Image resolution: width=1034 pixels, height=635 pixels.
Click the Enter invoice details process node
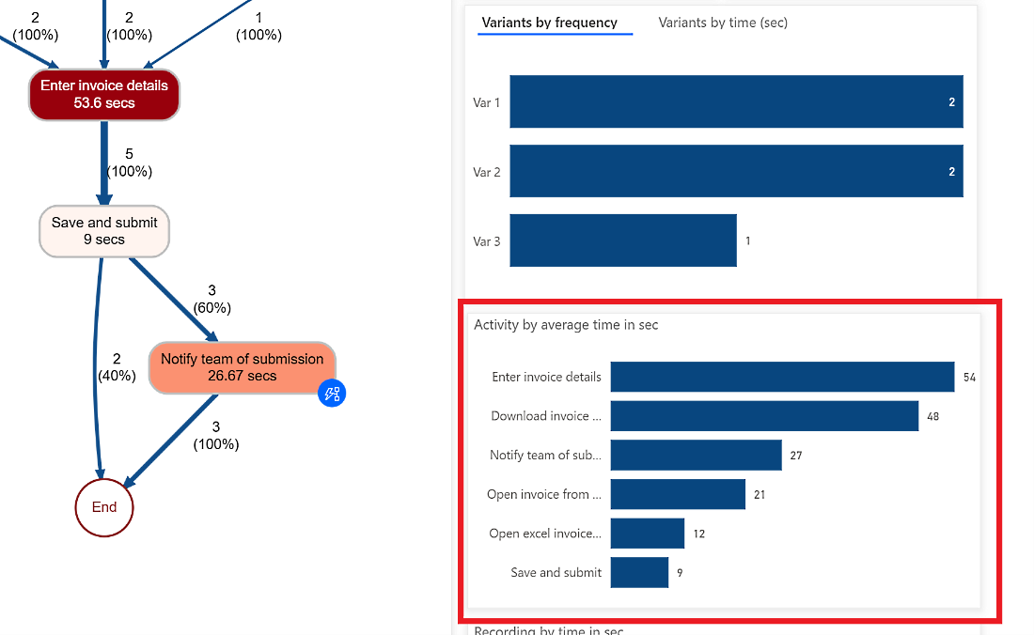tap(103, 94)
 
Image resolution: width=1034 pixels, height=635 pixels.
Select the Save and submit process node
tap(104, 231)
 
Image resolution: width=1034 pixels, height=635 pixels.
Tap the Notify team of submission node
tap(242, 367)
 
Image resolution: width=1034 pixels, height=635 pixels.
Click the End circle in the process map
tap(104, 507)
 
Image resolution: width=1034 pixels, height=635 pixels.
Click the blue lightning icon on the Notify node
tap(332, 394)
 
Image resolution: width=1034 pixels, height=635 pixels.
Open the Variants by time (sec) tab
tap(723, 23)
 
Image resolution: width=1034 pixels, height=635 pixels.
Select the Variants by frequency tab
tap(550, 23)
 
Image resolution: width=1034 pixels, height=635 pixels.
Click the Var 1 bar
tap(736, 101)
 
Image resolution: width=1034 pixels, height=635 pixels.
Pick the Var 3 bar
tap(623, 240)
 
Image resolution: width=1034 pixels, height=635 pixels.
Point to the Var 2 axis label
tap(486, 172)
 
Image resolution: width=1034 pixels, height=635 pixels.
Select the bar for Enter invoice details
tap(782, 377)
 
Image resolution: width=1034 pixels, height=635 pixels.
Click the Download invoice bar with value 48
tap(764, 416)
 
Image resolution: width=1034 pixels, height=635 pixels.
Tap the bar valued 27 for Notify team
tap(696, 455)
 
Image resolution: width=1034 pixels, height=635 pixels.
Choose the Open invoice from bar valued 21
tap(678, 494)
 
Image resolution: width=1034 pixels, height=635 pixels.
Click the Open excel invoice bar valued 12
tap(647, 534)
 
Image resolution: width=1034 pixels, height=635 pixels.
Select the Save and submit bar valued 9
tap(639, 572)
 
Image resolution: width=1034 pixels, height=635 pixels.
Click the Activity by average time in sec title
tap(566, 325)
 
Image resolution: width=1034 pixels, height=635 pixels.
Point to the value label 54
tap(970, 378)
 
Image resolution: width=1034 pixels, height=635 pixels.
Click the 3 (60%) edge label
tap(211, 300)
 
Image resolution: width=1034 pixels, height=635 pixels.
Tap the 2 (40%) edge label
tap(117, 367)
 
